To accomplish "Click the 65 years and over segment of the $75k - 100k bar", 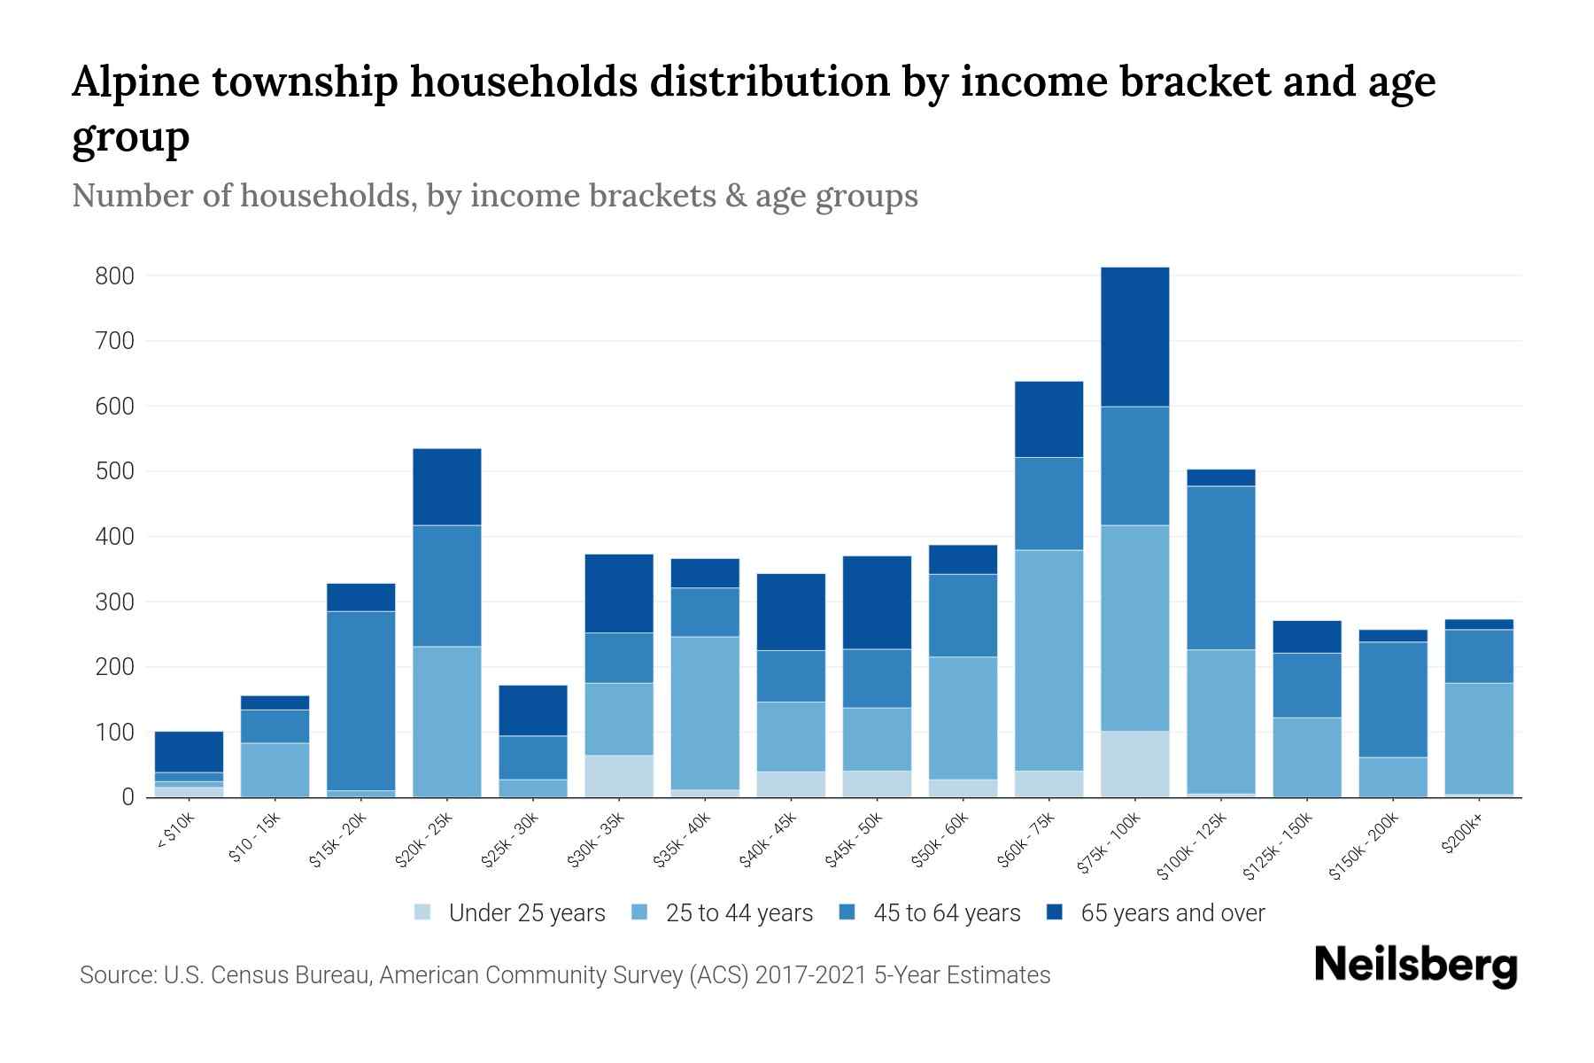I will pyautogui.click(x=1134, y=337).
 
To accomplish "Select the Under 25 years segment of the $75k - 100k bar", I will pyautogui.click(x=1134, y=764).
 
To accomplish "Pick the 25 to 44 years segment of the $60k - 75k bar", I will pyautogui.click(x=1048, y=660).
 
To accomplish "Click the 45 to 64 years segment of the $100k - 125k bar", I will pyautogui.click(x=1220, y=567).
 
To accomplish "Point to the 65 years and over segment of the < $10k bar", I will pyautogui.click(x=189, y=751).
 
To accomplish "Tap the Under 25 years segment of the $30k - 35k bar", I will pyautogui.click(x=619, y=776).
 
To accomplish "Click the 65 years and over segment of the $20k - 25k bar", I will pyautogui.click(x=447, y=486).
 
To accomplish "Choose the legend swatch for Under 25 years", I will pyautogui.click(x=423, y=912).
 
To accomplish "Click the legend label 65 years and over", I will pyautogui.click(x=1172, y=913).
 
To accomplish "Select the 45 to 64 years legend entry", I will pyautogui.click(x=946, y=913).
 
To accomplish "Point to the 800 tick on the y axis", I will pyautogui.click(x=115, y=276).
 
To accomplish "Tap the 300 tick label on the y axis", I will pyautogui.click(x=115, y=602).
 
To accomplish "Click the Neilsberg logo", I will pyautogui.click(x=1415, y=966).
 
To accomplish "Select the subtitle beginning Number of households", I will pyautogui.click(x=494, y=196).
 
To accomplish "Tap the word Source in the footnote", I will pyautogui.click(x=116, y=975).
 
